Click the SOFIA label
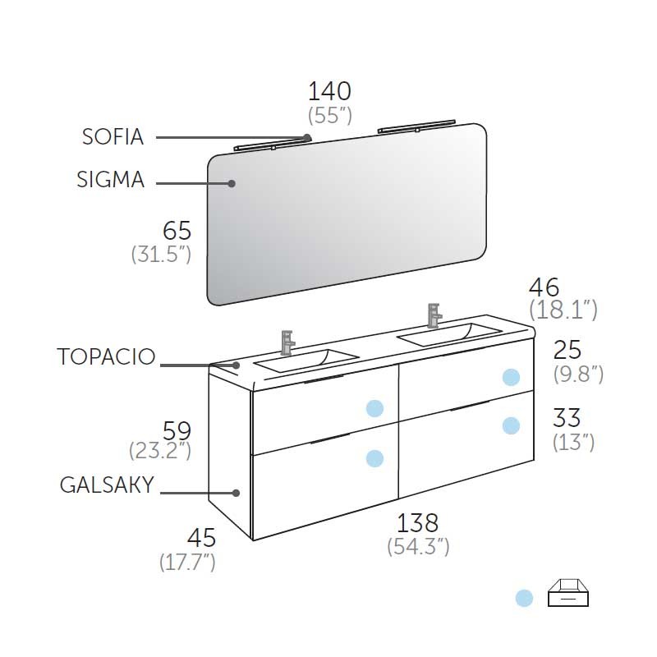tap(113, 137)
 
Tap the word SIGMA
tap(111, 179)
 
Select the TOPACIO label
tap(106, 356)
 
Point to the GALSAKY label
tap(107, 485)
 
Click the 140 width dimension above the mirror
tap(329, 91)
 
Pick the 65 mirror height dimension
tap(177, 231)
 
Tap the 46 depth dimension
tap(544, 287)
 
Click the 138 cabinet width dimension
tap(418, 522)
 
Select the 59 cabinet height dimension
tap(177, 430)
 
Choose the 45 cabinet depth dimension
tap(201, 538)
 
